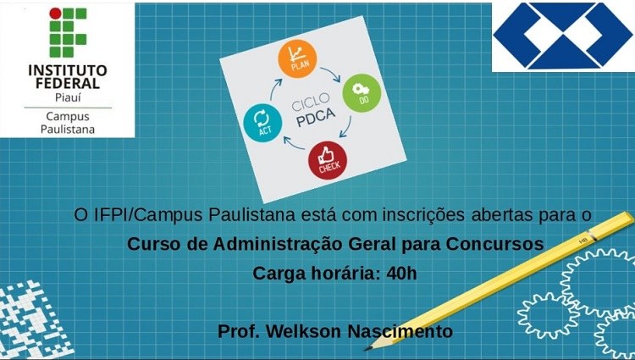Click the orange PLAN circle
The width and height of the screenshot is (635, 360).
point(297,58)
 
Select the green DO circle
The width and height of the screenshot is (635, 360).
point(362,93)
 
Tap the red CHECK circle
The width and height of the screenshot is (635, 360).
point(327,160)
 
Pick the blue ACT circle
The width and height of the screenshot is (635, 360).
point(262,123)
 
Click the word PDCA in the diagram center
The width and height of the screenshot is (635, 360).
point(316,118)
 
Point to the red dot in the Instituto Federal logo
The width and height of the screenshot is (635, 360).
point(55,14)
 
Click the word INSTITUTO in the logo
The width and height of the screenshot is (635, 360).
point(68,70)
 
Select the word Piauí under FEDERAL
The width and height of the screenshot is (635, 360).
point(68,97)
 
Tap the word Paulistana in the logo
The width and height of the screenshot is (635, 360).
point(68,130)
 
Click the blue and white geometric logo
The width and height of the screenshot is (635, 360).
point(562,36)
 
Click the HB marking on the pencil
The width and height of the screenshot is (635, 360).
point(583,241)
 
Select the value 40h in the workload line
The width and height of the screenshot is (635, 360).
point(401,274)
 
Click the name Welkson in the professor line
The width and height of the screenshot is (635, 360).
point(304,331)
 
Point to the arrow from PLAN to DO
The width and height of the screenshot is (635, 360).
point(330,74)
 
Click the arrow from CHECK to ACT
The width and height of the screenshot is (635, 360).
point(294,143)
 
